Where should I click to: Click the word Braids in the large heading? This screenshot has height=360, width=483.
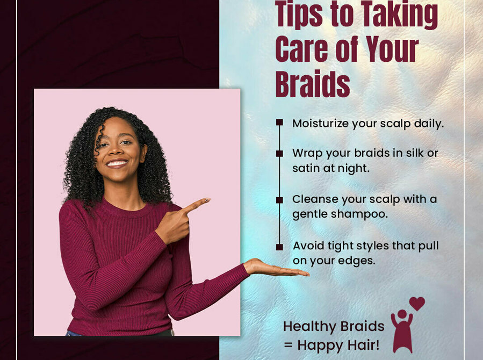pos(312,84)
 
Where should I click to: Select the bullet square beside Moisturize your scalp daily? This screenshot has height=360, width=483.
pos(279,123)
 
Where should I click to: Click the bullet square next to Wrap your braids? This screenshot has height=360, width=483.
pos(279,153)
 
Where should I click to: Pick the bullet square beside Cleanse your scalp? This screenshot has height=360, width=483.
pos(279,200)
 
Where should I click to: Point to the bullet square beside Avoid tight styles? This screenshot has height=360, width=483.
pos(279,247)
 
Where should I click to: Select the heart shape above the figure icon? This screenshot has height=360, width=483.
pos(417,304)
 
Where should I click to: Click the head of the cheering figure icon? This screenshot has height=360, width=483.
pos(402,314)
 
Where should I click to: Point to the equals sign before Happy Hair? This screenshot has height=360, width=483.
pos(288,345)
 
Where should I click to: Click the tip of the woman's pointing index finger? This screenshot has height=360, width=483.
pos(209,199)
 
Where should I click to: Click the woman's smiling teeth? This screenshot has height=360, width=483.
pos(117,163)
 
